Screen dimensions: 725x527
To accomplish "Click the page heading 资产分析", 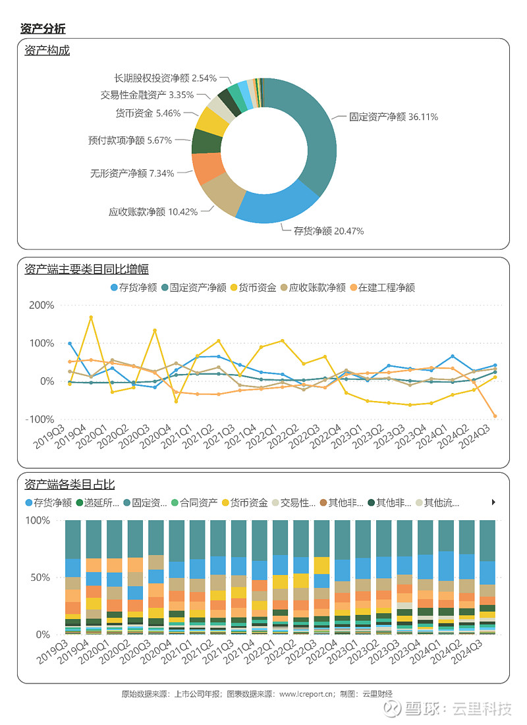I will [x=43, y=28].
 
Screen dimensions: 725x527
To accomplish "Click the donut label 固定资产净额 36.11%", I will [x=393, y=117].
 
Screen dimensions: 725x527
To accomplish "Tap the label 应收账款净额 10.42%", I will [x=152, y=211].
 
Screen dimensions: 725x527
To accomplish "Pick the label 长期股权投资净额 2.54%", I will [x=165, y=78].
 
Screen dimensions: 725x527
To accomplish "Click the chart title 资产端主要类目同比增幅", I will [x=86, y=269].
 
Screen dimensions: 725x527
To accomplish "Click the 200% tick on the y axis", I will [x=41, y=305].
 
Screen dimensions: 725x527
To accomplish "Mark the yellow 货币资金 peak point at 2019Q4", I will [x=91, y=317].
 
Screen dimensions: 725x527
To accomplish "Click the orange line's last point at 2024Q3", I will [x=495, y=416].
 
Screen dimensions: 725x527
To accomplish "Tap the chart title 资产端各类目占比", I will [x=70, y=485].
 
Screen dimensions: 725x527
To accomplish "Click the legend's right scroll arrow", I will [x=493, y=502].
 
